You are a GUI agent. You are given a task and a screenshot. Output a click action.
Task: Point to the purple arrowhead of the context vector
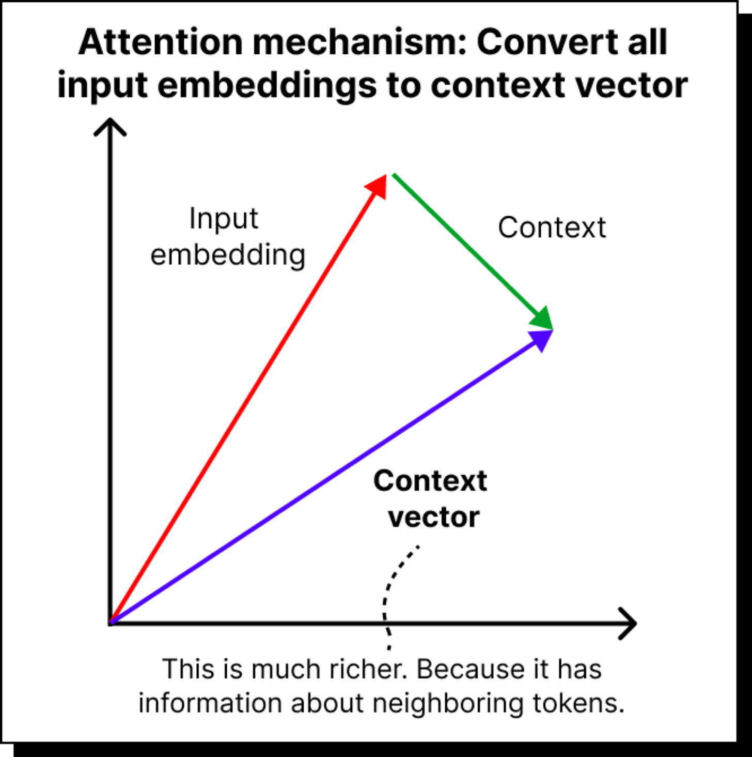pyautogui.click(x=542, y=339)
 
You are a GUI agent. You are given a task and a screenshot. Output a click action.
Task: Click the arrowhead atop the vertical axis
pyautogui.click(x=109, y=126)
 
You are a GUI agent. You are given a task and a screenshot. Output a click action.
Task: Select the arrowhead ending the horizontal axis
pyautogui.click(x=628, y=623)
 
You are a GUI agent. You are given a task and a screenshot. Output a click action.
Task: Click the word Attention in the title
pyautogui.click(x=160, y=42)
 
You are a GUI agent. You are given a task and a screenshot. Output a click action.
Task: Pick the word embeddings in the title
pyautogui.click(x=267, y=85)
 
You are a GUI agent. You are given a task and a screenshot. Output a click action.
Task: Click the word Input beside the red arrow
pyautogui.click(x=223, y=219)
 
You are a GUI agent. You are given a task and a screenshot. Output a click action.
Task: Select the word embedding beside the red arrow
pyautogui.click(x=228, y=255)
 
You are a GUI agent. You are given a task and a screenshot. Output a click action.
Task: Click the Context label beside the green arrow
pyautogui.click(x=552, y=228)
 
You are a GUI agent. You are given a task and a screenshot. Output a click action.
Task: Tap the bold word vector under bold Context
pyautogui.click(x=433, y=517)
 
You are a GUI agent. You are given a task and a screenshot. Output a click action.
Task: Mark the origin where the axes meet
pyautogui.click(x=111, y=623)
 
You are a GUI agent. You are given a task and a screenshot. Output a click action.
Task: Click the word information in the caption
pyautogui.click(x=209, y=703)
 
